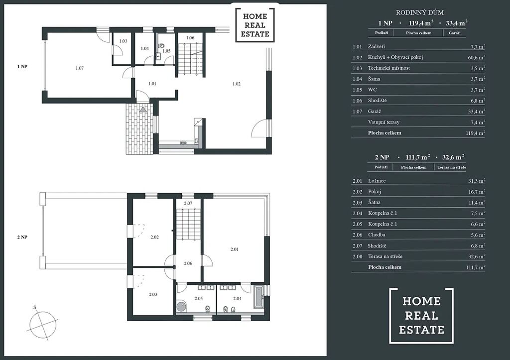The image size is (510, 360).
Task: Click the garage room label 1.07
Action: pyautogui.click(x=79, y=68)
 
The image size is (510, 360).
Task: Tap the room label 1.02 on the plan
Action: pyautogui.click(x=237, y=84)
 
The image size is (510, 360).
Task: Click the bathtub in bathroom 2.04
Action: pyautogui.click(x=258, y=297)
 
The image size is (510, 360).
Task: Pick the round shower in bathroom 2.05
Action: pyautogui.click(x=181, y=307)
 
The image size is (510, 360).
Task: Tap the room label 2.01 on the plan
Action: pyautogui.click(x=235, y=249)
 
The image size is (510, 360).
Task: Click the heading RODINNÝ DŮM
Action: pyautogui.click(x=419, y=12)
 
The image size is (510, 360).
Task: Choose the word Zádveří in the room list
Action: pyautogui.click(x=377, y=46)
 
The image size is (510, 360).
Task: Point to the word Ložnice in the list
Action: pyautogui.click(x=377, y=181)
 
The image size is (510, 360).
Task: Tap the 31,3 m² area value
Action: pyautogui.click(x=477, y=181)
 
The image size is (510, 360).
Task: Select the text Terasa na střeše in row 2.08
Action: pyautogui.click(x=385, y=256)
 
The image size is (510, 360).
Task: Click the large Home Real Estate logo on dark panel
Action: pyautogui.click(x=421, y=316)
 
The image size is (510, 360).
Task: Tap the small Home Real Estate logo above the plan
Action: pyautogui.click(x=255, y=25)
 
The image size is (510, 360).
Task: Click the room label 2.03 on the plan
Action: pyautogui.click(x=153, y=294)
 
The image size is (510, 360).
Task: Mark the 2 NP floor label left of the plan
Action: pyautogui.click(x=22, y=237)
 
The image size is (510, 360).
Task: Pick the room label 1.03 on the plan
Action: pyautogui.click(x=123, y=41)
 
